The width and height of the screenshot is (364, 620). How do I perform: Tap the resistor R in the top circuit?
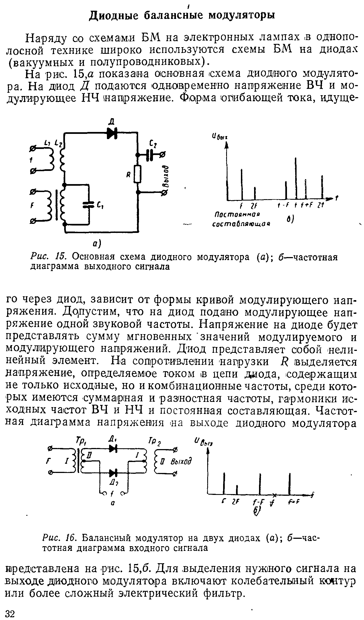pos(138,174)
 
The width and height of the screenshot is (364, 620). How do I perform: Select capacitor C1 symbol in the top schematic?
pos(89,204)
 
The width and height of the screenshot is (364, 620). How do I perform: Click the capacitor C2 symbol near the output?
pos(150,155)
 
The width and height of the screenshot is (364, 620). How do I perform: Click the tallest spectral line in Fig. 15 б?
pos(296,178)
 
